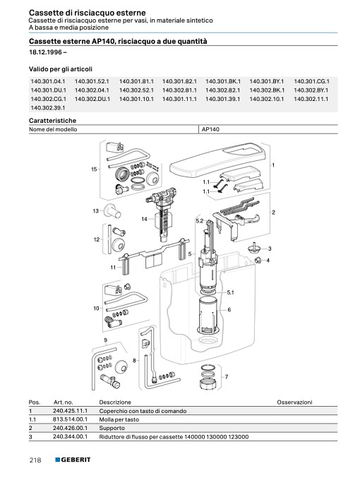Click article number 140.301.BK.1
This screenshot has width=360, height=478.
click(223, 81)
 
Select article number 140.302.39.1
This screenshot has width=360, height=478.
click(48, 107)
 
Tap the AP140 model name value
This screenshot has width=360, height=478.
click(210, 129)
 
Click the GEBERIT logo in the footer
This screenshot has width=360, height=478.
click(73, 460)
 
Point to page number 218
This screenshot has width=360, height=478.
click(35, 460)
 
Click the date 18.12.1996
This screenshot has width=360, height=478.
click(46, 52)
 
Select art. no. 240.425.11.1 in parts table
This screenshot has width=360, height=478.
click(70, 411)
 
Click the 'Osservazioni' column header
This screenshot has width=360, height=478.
click(294, 402)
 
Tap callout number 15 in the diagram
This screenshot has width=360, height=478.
click(94, 169)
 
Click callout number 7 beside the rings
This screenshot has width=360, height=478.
click(227, 377)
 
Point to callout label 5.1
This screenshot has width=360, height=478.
click(230, 292)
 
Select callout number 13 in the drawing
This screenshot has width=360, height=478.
click(96, 211)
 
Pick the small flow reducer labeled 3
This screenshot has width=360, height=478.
click(253, 247)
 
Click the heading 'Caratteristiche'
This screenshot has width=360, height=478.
click(52, 121)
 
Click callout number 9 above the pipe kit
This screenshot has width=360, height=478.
click(105, 340)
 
